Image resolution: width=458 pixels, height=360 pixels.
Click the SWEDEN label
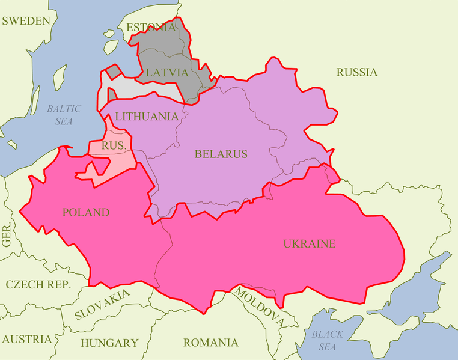[26, 21]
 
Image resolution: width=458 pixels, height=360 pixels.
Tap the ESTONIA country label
[151, 28]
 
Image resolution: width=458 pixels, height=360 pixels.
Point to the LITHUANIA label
[147, 116]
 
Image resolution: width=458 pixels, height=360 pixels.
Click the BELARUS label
[221, 154]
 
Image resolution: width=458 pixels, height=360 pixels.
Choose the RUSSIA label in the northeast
[356, 72]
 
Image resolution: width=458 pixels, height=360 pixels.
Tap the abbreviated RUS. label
[113, 145]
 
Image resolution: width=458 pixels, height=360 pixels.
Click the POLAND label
[85, 212]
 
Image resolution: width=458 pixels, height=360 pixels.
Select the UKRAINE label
[309, 243]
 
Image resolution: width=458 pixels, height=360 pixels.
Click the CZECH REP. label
[38, 284]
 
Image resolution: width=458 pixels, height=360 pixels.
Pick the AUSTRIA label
[26, 339]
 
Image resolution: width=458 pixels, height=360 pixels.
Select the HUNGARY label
[109, 343]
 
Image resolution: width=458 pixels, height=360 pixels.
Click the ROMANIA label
[210, 343]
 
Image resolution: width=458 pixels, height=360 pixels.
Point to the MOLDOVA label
[258, 307]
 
